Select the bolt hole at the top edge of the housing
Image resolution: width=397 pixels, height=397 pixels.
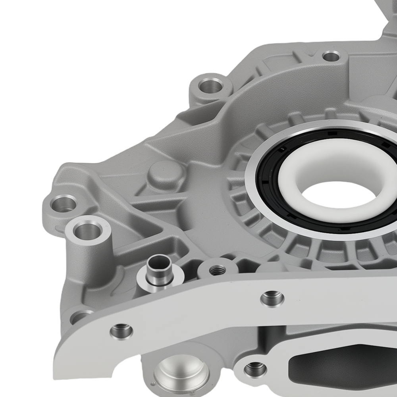click(x=331, y=56)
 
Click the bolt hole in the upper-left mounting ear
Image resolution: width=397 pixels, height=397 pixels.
click(x=210, y=85)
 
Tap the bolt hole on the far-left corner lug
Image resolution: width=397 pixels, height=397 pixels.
click(x=64, y=204)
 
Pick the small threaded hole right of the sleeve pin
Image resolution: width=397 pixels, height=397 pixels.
click(x=217, y=270)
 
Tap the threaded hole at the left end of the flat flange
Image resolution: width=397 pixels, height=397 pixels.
click(x=121, y=330)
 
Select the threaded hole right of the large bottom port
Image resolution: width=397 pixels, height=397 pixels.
click(x=254, y=370)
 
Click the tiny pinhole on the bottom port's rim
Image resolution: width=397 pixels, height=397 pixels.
click(x=153, y=384)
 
